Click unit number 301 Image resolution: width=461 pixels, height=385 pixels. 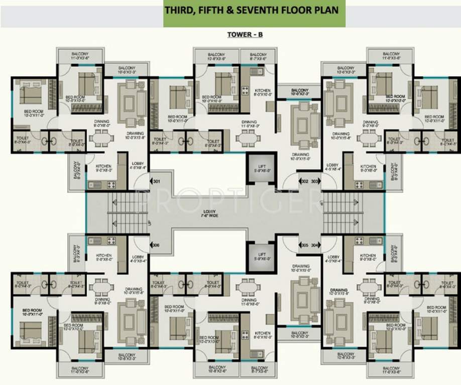coord(157,181)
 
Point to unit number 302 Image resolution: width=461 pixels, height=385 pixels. coord(304,181)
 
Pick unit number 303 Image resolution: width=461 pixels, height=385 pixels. coord(315,181)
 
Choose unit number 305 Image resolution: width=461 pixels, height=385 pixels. coord(304,245)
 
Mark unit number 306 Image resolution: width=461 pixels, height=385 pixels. coord(157,245)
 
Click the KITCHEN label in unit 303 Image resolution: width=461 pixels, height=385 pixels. coord(368,168)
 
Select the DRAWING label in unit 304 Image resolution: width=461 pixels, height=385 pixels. coord(339,291)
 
